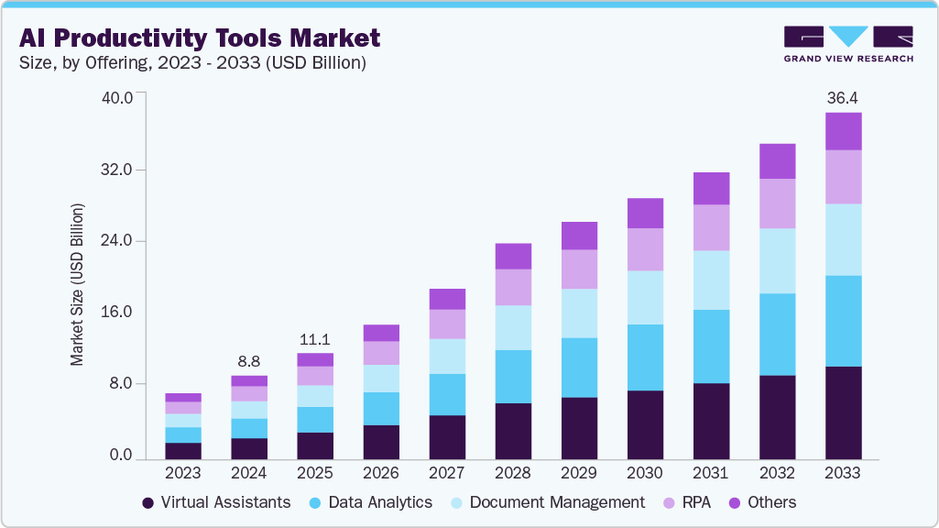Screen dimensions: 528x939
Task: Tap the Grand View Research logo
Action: pos(847,43)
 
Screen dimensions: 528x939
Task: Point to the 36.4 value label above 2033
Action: pos(843,97)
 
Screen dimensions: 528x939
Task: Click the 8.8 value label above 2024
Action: pos(249,361)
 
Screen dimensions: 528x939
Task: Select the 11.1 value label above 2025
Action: pos(315,339)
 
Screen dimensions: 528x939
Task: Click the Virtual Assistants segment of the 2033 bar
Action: pos(843,412)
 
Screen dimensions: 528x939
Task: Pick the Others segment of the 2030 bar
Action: pos(645,213)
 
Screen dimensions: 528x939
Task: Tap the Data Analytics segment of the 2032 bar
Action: pos(777,335)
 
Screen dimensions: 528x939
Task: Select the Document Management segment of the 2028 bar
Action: pos(513,327)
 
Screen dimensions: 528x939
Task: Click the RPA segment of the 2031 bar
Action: pos(711,227)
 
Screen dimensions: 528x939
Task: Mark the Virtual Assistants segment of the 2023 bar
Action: pos(183,450)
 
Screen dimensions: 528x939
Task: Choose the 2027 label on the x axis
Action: pos(447,473)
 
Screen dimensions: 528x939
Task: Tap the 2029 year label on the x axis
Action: pos(579,473)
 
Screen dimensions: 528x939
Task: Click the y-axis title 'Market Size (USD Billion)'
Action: pos(77,284)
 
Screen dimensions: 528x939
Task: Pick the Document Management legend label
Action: pos(557,502)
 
